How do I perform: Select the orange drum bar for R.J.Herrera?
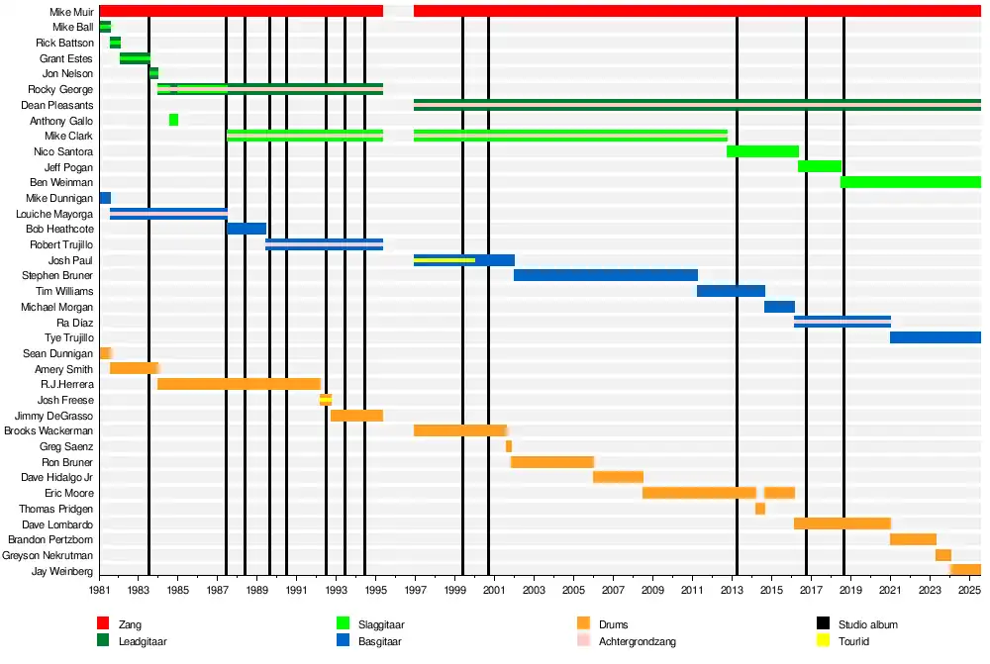[x=239, y=384]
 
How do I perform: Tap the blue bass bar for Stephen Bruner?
[x=605, y=275]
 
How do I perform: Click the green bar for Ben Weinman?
[x=910, y=182]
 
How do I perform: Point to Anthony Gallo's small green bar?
[x=173, y=120]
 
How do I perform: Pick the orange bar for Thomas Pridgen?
[x=759, y=509]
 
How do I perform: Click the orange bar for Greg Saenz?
[x=509, y=446]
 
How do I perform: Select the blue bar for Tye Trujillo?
[x=935, y=337]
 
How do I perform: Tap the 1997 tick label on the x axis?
[x=415, y=591]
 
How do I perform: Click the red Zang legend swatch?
[x=102, y=624]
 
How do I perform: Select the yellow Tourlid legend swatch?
[x=821, y=641]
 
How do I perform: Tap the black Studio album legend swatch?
[x=821, y=624]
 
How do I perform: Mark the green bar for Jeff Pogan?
[x=819, y=166]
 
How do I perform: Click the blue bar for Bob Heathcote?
[x=247, y=229]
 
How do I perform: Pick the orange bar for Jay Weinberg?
[x=964, y=570]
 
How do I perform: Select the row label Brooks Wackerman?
[x=49, y=430]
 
